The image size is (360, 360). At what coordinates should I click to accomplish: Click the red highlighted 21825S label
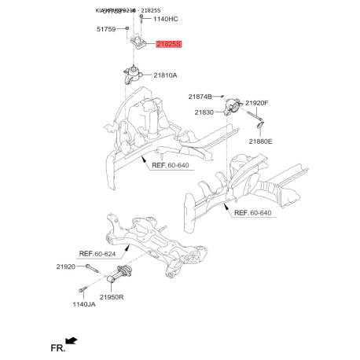[168, 46]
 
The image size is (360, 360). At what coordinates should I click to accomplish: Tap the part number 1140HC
[166, 18]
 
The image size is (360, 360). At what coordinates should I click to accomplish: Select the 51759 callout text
[106, 29]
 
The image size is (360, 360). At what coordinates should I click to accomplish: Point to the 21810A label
[165, 75]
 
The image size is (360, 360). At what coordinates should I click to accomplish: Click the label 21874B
[200, 96]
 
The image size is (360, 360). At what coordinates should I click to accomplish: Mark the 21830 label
[204, 112]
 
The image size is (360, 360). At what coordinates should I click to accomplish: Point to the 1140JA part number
[85, 304]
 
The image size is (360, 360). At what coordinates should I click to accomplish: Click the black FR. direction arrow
[72, 341]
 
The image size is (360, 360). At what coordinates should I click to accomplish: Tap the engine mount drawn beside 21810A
[133, 77]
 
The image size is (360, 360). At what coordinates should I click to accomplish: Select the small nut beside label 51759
[123, 30]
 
